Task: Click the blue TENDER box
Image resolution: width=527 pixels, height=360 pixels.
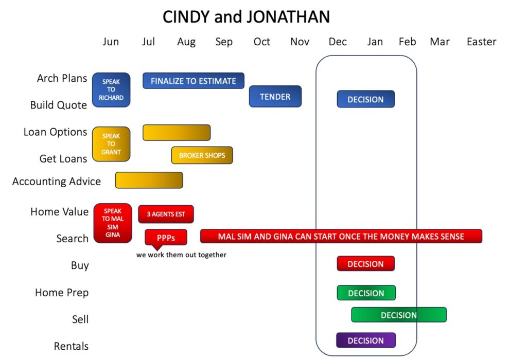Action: click(x=275, y=96)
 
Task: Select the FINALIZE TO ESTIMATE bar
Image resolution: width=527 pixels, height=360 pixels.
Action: click(x=194, y=81)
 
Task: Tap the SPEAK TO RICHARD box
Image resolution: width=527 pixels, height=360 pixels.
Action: click(x=111, y=89)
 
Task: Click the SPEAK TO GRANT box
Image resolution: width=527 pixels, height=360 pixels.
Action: click(x=111, y=144)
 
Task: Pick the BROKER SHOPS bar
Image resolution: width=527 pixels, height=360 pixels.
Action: click(x=202, y=155)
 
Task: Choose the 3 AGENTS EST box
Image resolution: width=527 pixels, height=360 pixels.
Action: click(x=166, y=214)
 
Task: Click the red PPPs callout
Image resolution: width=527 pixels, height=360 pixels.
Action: click(x=166, y=239)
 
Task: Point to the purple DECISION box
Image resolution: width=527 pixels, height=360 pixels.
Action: click(x=366, y=340)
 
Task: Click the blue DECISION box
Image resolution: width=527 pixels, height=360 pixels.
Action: click(x=366, y=99)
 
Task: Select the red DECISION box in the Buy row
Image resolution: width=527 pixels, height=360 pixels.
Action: click(x=366, y=264)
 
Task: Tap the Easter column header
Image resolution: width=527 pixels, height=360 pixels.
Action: click(x=481, y=42)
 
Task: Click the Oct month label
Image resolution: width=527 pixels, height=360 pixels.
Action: click(x=262, y=42)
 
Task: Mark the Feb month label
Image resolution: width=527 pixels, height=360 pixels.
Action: click(x=408, y=42)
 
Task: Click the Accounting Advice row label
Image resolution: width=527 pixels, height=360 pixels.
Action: click(x=57, y=182)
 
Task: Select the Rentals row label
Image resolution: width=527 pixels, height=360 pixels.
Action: click(x=71, y=346)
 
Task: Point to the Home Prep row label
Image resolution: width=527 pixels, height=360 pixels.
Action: click(x=62, y=293)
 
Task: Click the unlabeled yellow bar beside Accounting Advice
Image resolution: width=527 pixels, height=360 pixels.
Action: click(x=149, y=180)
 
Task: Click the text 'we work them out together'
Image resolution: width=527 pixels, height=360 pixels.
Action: click(x=181, y=255)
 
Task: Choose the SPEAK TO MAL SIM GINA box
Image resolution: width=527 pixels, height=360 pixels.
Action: click(x=113, y=223)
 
